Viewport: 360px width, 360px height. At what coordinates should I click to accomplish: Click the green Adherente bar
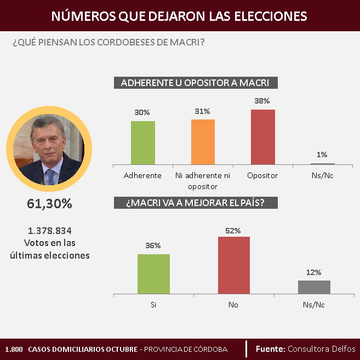click(x=143, y=142)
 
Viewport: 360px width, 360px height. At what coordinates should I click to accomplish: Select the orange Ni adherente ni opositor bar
click(x=203, y=141)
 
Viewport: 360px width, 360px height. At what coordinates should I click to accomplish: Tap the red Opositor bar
click(x=262, y=136)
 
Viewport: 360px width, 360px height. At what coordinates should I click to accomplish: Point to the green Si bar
click(x=153, y=274)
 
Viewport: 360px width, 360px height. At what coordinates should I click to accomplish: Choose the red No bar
click(x=233, y=265)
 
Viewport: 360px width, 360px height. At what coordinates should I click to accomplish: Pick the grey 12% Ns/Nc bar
click(x=314, y=287)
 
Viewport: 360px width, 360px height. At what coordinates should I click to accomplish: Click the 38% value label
click(x=262, y=101)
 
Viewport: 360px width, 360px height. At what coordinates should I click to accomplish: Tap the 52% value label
click(x=233, y=231)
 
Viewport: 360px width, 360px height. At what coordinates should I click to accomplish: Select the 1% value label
click(x=322, y=155)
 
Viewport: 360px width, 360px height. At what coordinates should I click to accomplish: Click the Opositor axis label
click(x=262, y=176)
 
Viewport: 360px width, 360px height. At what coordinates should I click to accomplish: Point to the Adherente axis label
click(x=142, y=176)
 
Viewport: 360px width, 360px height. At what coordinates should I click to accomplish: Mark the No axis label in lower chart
click(x=233, y=305)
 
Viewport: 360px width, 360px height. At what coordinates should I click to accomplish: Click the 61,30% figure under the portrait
click(x=49, y=204)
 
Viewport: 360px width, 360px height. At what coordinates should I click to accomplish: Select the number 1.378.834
click(x=50, y=231)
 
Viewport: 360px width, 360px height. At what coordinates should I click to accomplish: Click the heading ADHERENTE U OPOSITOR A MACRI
click(x=196, y=83)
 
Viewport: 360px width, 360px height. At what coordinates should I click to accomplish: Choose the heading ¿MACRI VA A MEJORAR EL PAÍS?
click(x=196, y=202)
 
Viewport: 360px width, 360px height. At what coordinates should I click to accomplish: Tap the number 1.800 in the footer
click(x=13, y=350)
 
